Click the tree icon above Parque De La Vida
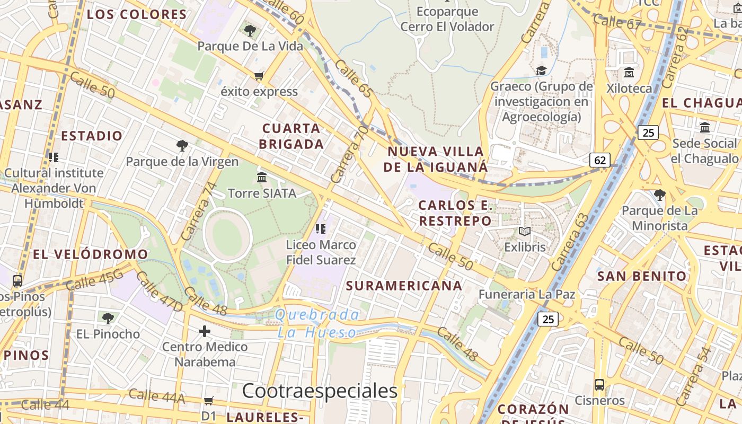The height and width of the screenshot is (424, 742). [x=250, y=30]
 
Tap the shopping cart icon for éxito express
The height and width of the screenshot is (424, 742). [x=259, y=76]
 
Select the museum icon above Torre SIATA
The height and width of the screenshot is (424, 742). [x=262, y=178]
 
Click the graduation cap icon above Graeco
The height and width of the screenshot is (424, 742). [x=541, y=70]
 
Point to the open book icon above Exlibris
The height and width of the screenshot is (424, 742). [x=525, y=231]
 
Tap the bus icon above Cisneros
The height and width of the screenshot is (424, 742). [x=599, y=385]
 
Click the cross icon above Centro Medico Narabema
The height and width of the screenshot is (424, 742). [x=205, y=332]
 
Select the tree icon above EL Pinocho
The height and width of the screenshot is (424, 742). [x=108, y=318]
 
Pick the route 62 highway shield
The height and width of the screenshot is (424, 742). [x=600, y=160]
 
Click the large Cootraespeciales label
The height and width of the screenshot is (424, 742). [x=320, y=391]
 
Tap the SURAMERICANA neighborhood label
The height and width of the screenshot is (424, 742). [x=404, y=286]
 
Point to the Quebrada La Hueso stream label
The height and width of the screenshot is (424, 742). [x=317, y=324]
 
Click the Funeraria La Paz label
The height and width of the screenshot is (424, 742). [x=527, y=294]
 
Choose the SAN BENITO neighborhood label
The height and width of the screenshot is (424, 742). [x=642, y=276]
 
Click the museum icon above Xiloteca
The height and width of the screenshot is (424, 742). [x=629, y=72]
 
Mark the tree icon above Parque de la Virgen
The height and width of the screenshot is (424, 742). [x=182, y=145]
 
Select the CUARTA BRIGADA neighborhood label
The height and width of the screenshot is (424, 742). [x=291, y=136]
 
